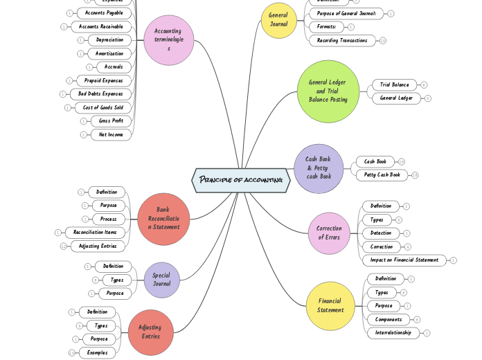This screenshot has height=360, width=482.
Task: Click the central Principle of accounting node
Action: pos(241,180)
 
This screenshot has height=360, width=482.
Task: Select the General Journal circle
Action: pos(278,20)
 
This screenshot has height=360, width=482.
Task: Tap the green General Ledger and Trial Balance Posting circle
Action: pos(328,91)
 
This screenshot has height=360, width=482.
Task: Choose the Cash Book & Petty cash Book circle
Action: pos(319,168)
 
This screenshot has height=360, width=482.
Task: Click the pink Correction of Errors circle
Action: pos(329,233)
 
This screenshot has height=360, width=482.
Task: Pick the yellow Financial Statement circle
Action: pos(330,306)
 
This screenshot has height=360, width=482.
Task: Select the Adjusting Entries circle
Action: pos(150,332)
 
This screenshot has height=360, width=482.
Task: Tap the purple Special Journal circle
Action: pos(161,280)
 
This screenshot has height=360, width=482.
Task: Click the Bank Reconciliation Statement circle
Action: pos(163,219)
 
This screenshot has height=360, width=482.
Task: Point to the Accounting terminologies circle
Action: pos(168,40)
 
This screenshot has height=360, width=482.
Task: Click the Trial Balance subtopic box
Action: pos(395,84)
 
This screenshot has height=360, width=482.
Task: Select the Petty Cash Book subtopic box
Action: pos(382,175)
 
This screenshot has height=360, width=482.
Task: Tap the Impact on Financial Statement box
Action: pos(404,260)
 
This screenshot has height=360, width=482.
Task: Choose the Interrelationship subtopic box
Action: pos(393,332)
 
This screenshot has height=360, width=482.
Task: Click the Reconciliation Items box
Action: pos(95,233)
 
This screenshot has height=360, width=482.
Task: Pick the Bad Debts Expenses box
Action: pos(100,93)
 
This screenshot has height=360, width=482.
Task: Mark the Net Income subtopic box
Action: pos(111,134)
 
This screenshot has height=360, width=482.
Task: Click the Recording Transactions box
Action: pos(342,40)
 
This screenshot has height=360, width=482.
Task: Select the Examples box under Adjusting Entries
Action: pos(97,352)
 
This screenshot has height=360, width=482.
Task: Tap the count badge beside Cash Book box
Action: pos(402,161)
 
